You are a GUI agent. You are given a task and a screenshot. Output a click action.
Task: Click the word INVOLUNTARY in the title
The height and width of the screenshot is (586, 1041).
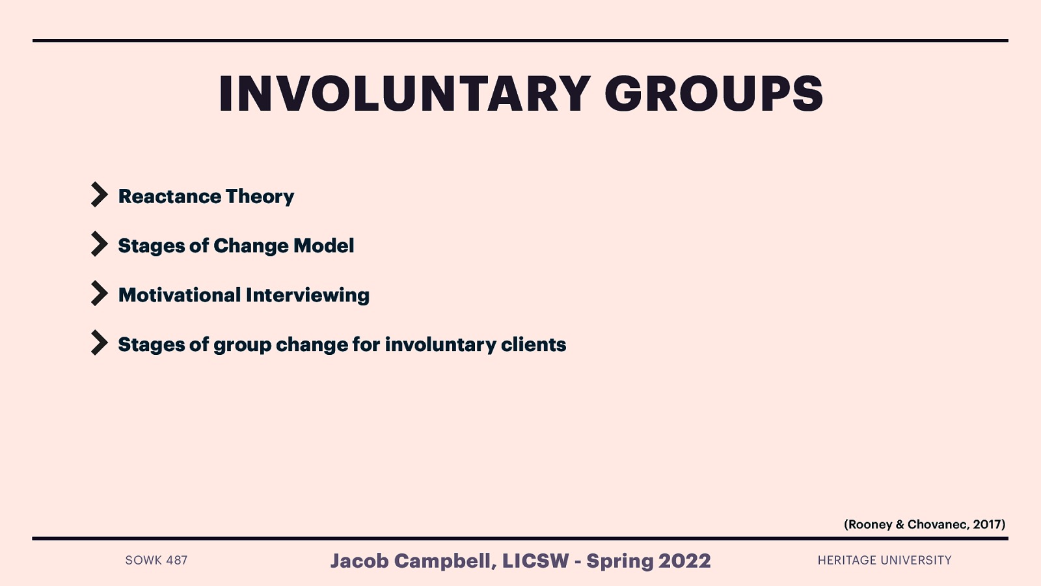tap(404, 94)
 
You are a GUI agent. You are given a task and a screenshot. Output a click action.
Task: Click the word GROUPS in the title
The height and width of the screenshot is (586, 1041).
tap(714, 94)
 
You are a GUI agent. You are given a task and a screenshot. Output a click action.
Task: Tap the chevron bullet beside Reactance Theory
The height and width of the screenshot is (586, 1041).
tap(99, 195)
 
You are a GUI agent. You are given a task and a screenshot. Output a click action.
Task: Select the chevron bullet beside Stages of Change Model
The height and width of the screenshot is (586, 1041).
tap(99, 244)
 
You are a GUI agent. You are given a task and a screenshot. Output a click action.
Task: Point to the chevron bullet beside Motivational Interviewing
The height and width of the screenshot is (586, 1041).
tap(99, 294)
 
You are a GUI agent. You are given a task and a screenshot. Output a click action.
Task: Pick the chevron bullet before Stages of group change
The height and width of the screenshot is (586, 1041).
tap(99, 343)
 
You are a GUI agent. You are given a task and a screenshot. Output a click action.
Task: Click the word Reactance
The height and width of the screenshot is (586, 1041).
tap(170, 196)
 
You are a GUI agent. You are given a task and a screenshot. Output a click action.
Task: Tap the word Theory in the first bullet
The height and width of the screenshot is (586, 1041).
tap(260, 196)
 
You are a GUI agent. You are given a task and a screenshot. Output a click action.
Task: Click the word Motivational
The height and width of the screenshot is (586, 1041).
tap(180, 295)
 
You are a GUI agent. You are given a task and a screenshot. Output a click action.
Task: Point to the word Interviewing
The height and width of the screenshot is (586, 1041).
tap(308, 295)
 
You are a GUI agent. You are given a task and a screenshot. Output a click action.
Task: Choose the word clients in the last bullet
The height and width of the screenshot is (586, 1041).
tap(534, 344)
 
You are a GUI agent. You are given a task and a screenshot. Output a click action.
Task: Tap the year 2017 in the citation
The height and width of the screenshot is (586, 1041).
tap(987, 524)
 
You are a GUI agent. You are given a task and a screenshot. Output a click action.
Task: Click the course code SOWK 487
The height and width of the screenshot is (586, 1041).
tap(156, 560)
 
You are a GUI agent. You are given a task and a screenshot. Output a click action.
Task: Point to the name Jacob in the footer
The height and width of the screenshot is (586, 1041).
tap(359, 561)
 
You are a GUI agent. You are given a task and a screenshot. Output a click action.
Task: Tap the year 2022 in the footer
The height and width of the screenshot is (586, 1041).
tap(684, 561)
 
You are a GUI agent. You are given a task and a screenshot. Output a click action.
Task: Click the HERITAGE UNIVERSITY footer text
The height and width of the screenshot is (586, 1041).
tap(884, 560)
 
